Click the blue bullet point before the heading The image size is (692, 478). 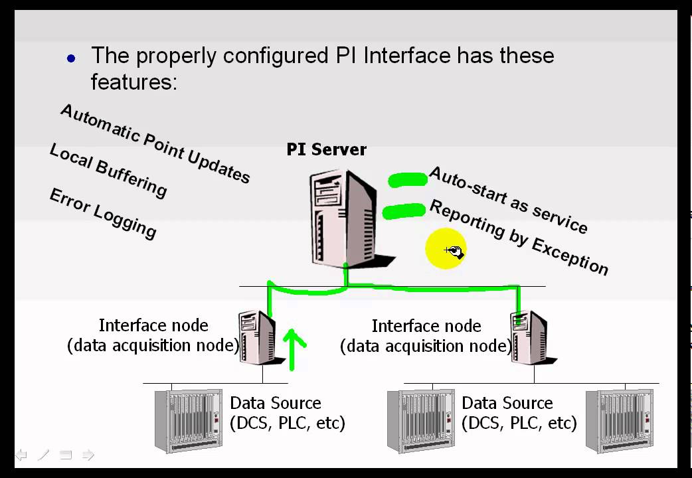point(72,58)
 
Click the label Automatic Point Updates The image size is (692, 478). point(155,143)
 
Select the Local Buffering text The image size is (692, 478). point(108,171)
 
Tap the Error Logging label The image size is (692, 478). point(103,213)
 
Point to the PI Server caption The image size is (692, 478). point(326,149)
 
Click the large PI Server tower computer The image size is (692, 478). point(343,216)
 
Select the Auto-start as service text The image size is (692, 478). point(508,200)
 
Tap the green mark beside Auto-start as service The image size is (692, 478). point(408,179)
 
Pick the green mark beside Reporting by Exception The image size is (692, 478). point(404,211)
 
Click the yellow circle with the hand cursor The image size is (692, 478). point(446,249)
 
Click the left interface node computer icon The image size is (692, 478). point(257,337)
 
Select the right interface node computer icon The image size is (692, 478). point(529,337)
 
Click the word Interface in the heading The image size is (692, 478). point(406,55)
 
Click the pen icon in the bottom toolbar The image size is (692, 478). point(43,455)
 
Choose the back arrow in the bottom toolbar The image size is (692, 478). point(21,455)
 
